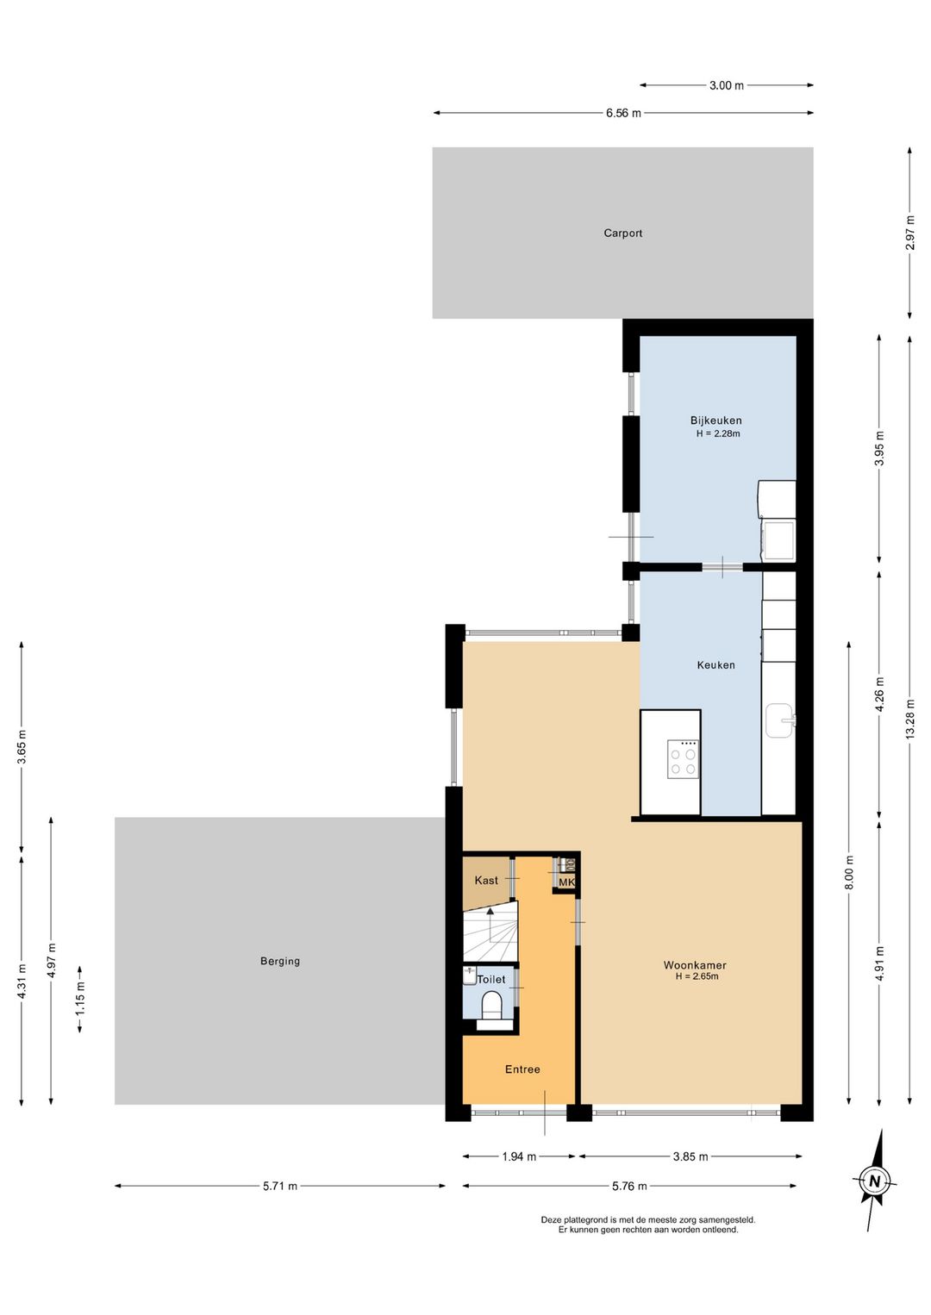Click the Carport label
click(x=622, y=233)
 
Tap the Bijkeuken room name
click(x=715, y=421)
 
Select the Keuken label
click(x=715, y=665)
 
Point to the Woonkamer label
click(x=695, y=965)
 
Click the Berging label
click(x=280, y=961)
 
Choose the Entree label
click(x=522, y=1069)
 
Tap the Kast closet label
click(x=486, y=880)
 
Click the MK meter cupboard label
click(x=566, y=882)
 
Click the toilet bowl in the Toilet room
click(x=490, y=1007)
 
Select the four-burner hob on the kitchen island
click(x=683, y=759)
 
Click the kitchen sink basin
click(x=779, y=721)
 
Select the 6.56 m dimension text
click(x=623, y=113)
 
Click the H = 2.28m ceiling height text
click(x=718, y=433)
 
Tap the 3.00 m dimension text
click(x=727, y=85)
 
